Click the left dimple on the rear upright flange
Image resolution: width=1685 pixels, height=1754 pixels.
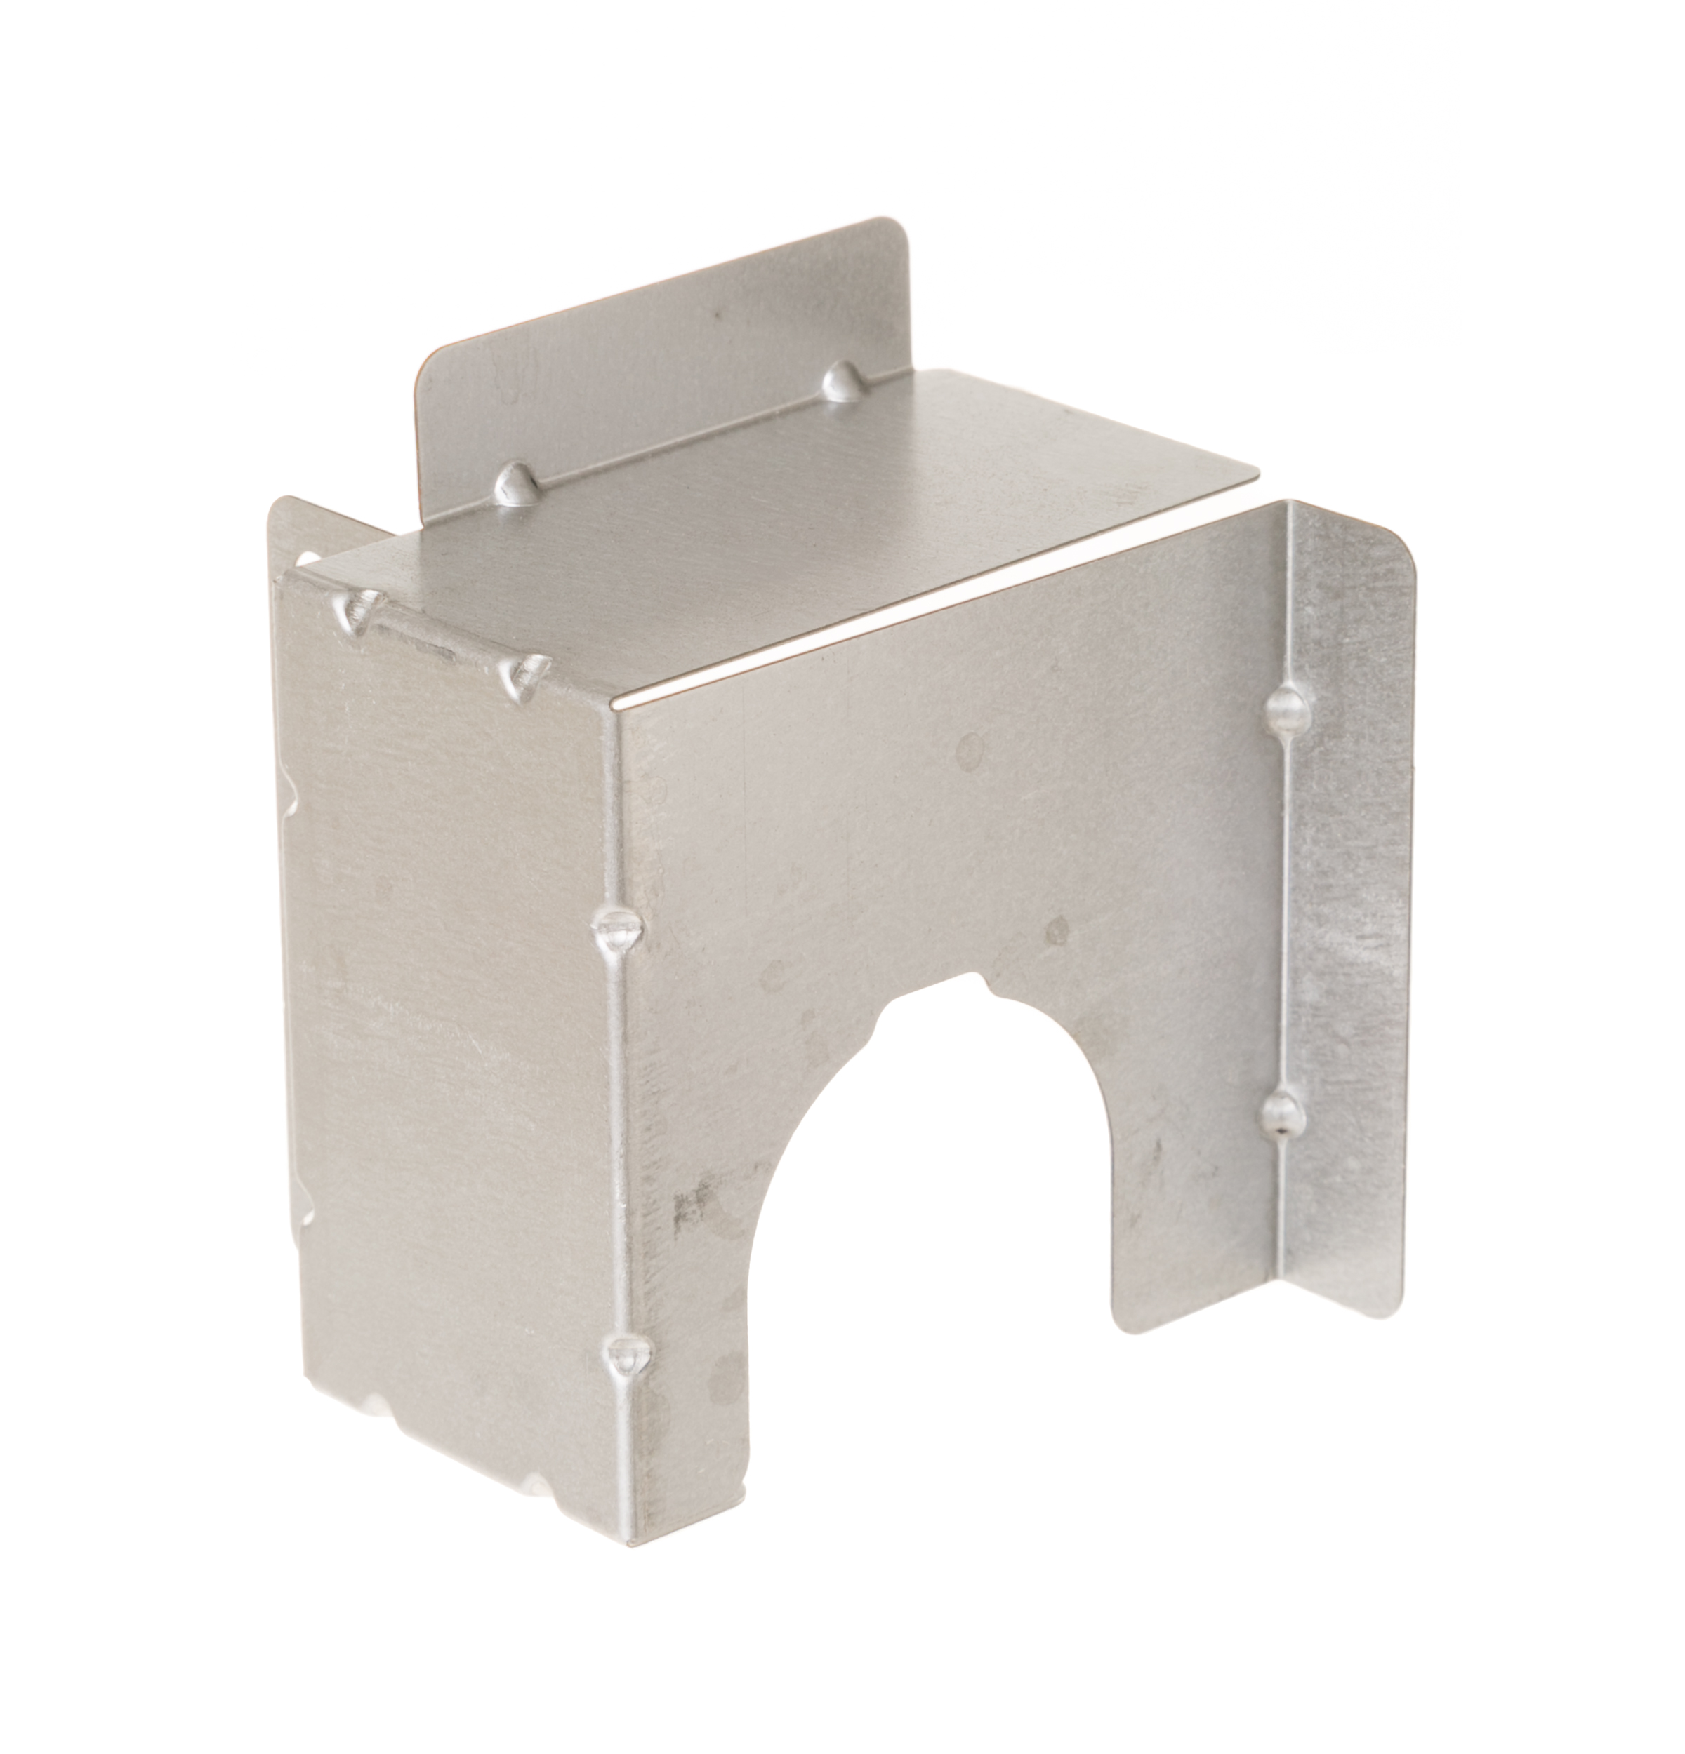point(516,484)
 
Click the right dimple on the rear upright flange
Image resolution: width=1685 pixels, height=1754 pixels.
point(840,382)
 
